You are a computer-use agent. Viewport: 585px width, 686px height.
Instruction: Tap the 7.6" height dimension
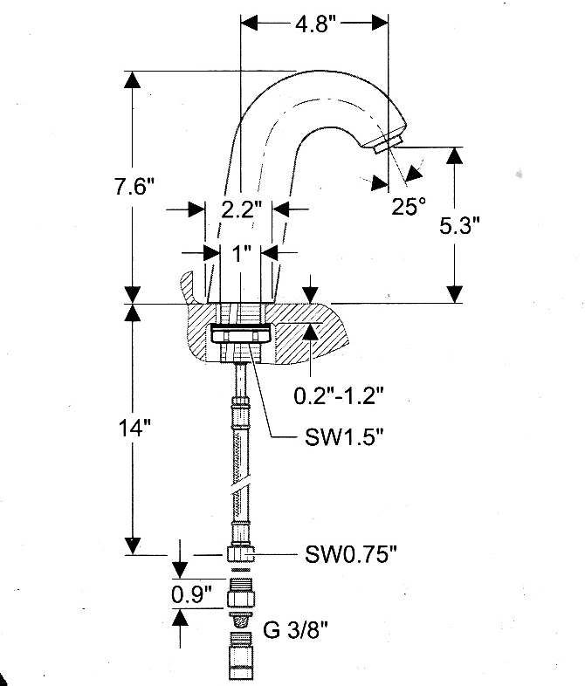pyautogui.click(x=134, y=187)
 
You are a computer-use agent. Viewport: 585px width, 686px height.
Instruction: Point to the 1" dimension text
pyautogui.click(x=242, y=253)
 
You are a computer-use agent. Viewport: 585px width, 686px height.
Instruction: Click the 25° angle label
pyautogui.click(x=409, y=206)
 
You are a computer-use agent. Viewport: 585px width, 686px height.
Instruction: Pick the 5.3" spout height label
pyautogui.click(x=459, y=226)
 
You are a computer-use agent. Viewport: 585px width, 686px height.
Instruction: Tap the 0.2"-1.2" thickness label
pyautogui.click(x=339, y=396)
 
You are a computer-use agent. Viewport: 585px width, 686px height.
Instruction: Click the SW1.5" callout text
pyautogui.click(x=344, y=436)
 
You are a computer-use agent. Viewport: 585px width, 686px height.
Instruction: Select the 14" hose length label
pyautogui.click(x=134, y=428)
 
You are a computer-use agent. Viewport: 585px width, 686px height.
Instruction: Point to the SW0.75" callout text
pyautogui.click(x=351, y=555)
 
